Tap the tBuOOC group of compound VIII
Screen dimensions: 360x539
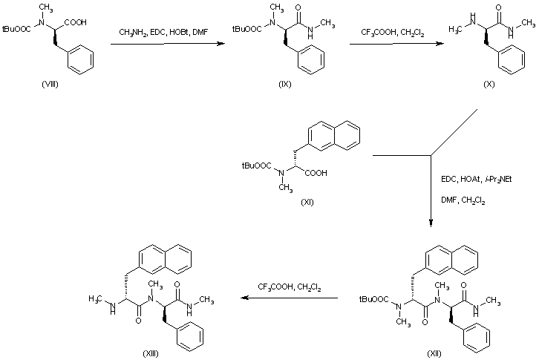pyautogui.click(x=16, y=32)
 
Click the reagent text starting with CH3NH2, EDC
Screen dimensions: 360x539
pyautogui.click(x=165, y=31)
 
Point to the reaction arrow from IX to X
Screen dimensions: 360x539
pyautogui.click(x=393, y=45)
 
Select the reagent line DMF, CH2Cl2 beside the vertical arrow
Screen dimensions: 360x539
pyautogui.click(x=463, y=200)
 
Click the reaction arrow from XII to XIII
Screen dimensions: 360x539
pyautogui.click(x=294, y=299)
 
